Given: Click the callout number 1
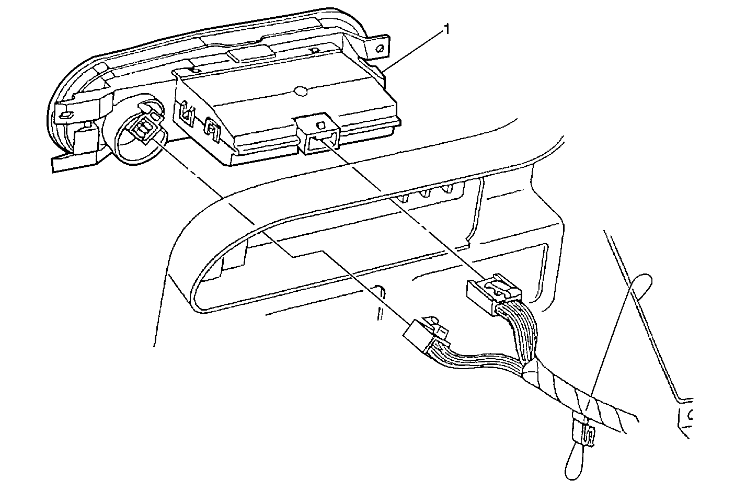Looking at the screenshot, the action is click(446, 30).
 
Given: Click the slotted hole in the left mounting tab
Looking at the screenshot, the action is click(65, 115).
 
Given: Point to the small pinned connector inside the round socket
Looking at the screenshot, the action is click(144, 127).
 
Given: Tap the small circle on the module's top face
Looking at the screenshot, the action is click(301, 92).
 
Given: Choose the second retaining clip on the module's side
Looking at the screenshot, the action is click(212, 130).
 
